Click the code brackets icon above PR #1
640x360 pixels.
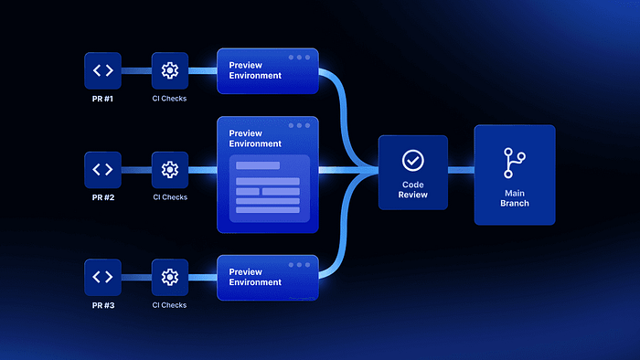coord(102,70)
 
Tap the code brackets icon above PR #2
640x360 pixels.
coord(102,169)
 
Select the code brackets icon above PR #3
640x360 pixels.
coord(102,277)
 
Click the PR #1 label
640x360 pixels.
coord(102,99)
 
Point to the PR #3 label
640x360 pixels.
coord(103,305)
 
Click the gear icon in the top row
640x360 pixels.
coord(170,70)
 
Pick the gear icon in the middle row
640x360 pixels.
coord(170,169)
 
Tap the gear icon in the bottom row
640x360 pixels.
coord(170,277)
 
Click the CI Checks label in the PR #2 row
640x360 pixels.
coord(170,197)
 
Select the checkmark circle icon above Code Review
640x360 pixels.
coord(413,160)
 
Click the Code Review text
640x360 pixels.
coord(413,189)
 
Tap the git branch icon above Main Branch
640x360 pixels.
coord(514,163)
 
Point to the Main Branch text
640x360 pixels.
coord(515,198)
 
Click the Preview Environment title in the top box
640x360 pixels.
coord(255,70)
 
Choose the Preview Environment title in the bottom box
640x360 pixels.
coord(255,277)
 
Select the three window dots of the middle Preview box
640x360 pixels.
coord(299,125)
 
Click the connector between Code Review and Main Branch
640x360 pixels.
coord(461,170)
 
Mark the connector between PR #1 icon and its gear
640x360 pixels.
coord(136,71)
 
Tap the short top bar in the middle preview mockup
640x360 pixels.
coord(258,165)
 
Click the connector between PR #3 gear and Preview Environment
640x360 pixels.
coord(202,278)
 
